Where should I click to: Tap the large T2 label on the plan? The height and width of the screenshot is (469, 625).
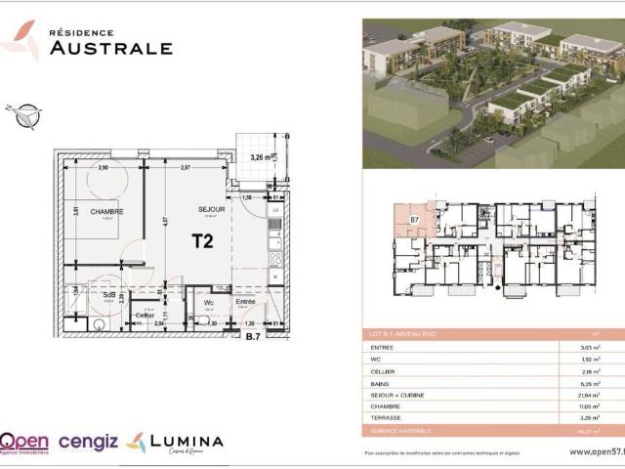coord(202,242)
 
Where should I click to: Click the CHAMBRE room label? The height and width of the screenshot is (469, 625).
coord(106,212)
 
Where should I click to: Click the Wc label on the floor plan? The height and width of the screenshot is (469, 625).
coord(210,301)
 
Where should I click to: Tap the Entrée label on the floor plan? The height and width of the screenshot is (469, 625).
coord(245,301)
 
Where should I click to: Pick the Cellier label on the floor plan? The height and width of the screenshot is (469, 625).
coord(145,316)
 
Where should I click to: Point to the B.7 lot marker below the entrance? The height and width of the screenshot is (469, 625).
coord(252,337)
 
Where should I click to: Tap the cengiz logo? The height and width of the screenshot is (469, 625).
coord(88,442)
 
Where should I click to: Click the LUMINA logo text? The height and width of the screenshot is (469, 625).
coord(186,441)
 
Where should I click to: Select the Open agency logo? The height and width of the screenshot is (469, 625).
coord(26,443)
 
